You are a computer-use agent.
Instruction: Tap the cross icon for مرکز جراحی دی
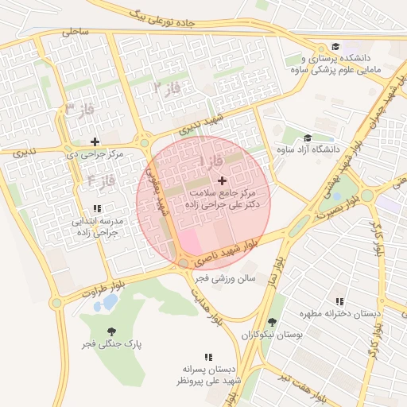click(x=95, y=141)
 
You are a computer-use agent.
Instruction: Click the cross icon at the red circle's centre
click(x=221, y=181)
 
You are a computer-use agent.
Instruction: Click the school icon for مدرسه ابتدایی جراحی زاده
click(x=97, y=208)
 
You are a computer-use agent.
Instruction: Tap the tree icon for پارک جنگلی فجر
click(x=110, y=331)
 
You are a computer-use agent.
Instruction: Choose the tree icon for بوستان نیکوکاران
click(x=273, y=322)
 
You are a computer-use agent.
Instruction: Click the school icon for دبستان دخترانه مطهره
click(x=340, y=301)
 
